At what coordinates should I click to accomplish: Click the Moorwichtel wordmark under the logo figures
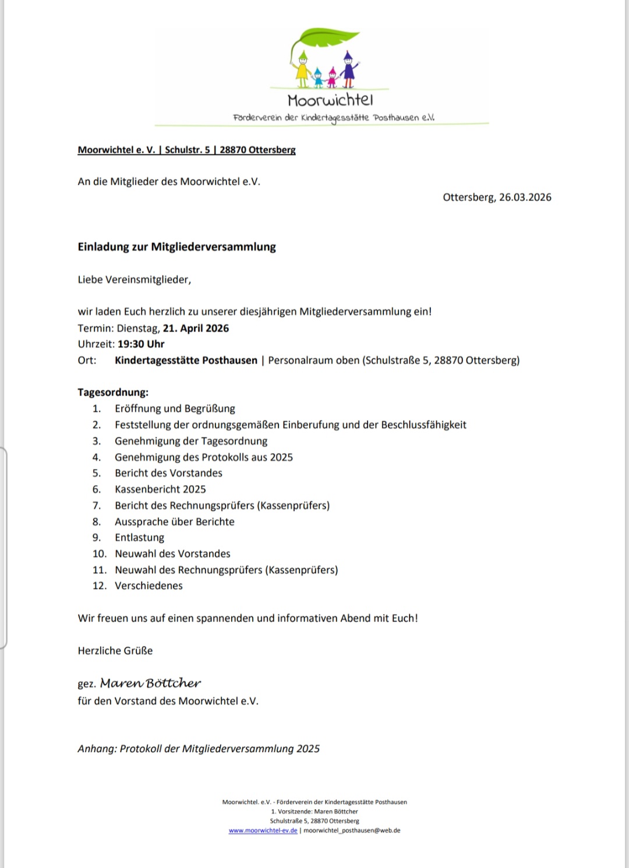pos(330,100)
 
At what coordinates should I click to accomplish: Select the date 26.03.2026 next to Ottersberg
pos(525,197)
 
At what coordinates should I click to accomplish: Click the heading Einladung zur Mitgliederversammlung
pos(176,247)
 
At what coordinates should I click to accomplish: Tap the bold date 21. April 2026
pos(196,328)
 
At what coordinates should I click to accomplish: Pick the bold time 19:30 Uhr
pos(141,344)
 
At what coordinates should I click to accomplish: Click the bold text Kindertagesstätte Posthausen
pos(186,361)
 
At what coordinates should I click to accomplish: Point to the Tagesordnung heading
pos(113,393)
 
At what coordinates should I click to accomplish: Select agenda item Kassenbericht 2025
pos(160,489)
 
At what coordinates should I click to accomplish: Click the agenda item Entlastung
pos(139,538)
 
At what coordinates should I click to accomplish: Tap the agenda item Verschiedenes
pos(149,586)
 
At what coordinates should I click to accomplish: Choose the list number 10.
pos(99,554)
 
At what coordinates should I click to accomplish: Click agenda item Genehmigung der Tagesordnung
pos(191,441)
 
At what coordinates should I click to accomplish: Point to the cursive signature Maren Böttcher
pos(150,683)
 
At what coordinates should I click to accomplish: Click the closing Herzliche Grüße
pos(115,651)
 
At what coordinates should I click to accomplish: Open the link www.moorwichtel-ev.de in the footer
pos(263,831)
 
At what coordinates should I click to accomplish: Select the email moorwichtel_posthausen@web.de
pos(352,831)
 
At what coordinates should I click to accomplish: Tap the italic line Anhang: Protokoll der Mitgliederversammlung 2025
pos(199,749)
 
